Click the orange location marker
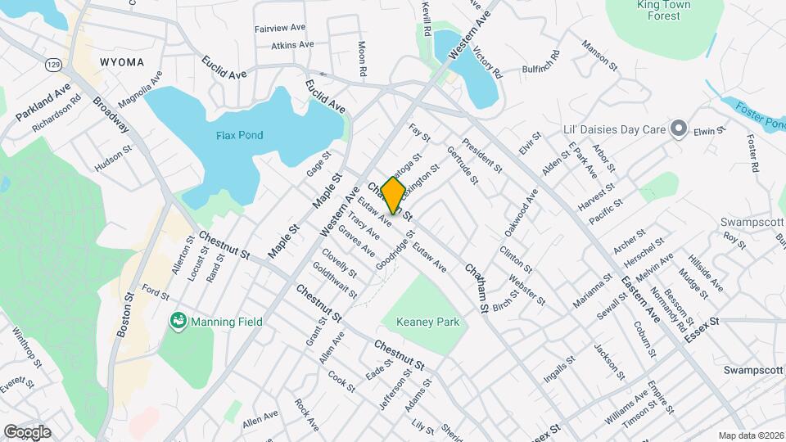click(x=393, y=195)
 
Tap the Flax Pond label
click(x=240, y=135)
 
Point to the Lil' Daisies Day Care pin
click(x=677, y=129)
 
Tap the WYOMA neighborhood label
click(x=122, y=62)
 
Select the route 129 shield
click(x=53, y=63)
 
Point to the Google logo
click(x=27, y=431)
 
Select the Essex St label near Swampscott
click(x=702, y=322)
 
